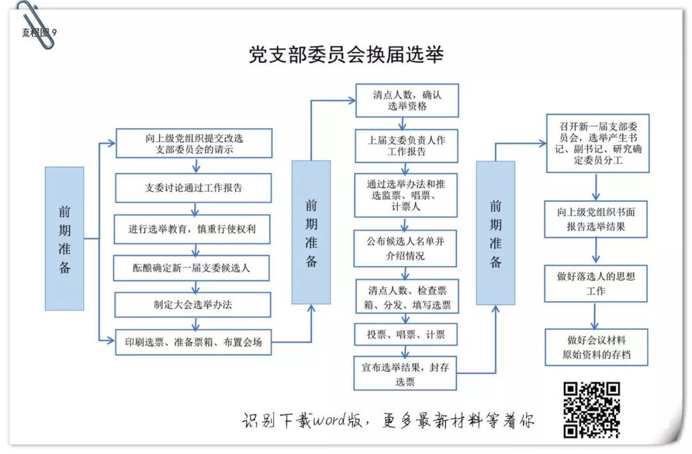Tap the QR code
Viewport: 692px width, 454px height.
pos(591,409)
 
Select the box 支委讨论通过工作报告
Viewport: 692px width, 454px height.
pos(193,188)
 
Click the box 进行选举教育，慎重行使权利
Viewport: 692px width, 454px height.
pos(193,229)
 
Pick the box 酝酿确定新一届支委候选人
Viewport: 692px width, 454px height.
pos(193,268)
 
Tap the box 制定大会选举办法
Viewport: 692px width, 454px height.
pos(193,304)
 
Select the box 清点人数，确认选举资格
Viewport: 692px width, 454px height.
pos(407,100)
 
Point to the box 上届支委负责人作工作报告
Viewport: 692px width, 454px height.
pos(407,146)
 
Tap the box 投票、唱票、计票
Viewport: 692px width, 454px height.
pos(405,334)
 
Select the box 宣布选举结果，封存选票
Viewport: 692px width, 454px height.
pos(405,374)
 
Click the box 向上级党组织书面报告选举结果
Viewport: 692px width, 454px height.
pos(596,219)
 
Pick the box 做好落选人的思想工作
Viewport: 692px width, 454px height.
pos(596,284)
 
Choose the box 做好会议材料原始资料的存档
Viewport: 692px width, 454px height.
pos(596,347)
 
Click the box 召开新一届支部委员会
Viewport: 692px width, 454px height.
pos(597,143)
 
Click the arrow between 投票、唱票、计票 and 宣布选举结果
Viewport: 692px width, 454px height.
pos(406,350)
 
